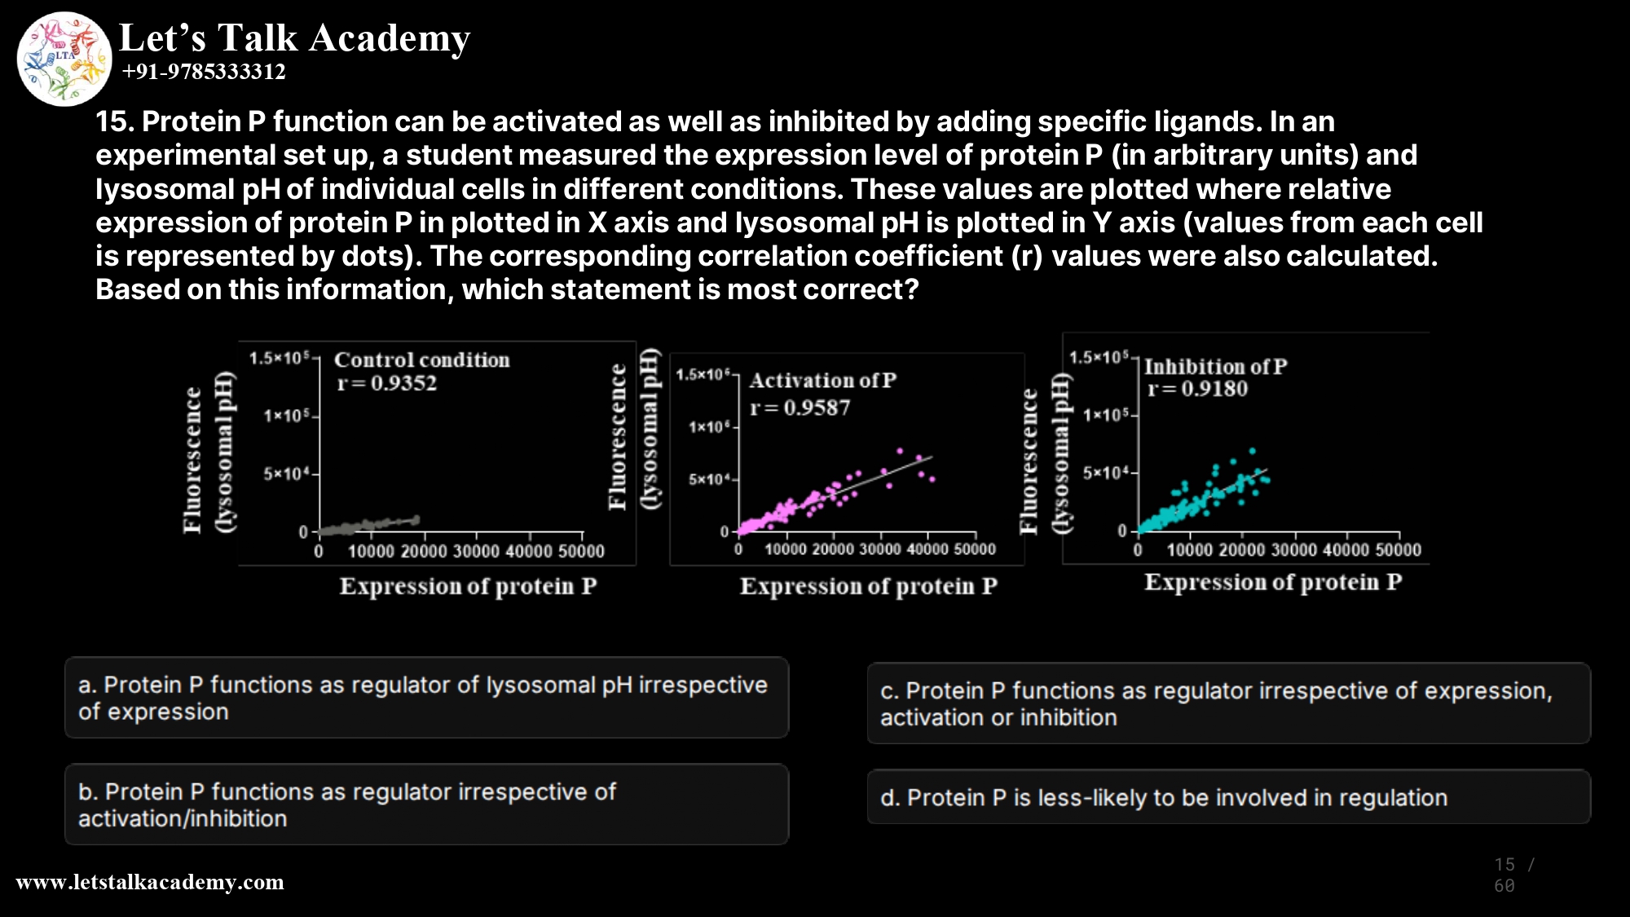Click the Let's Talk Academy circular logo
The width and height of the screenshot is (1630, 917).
64,59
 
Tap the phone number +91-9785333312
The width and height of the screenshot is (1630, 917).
204,72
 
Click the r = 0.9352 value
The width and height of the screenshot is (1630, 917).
387,383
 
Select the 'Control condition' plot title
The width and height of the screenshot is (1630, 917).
421,359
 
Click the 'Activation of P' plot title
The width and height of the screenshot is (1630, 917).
822,381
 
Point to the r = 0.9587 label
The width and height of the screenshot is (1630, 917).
800,408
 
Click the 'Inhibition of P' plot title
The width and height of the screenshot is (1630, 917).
1215,367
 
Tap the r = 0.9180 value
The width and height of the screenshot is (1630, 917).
1197,389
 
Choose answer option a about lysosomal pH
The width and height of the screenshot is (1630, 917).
426,698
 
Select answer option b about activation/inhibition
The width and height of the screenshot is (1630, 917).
426,805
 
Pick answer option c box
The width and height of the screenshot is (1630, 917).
1228,703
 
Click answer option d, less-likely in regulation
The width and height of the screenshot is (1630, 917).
1228,797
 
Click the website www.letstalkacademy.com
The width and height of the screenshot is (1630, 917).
150,882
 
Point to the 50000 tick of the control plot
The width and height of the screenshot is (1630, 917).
581,552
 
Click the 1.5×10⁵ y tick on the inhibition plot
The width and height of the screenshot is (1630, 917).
1098,357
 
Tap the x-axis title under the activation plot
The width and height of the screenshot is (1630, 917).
868,586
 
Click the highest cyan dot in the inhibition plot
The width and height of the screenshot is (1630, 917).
1253,451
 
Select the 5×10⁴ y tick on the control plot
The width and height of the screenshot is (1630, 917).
286,474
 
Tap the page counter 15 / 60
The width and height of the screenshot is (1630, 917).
1513,875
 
